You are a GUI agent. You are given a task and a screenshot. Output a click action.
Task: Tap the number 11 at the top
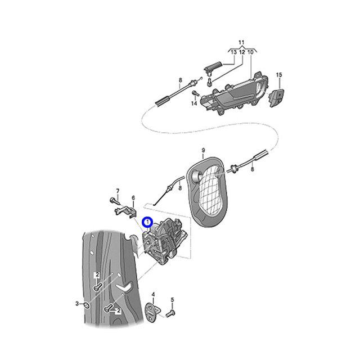click(241, 43)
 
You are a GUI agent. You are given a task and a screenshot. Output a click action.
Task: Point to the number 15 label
click(278, 75)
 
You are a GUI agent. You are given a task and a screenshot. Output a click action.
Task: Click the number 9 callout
click(202, 150)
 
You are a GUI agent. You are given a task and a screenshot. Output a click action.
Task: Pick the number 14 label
click(194, 103)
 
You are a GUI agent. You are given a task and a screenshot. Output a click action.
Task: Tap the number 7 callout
click(118, 191)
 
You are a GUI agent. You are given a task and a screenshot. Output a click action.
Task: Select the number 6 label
click(133, 197)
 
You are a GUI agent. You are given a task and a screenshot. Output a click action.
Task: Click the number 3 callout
click(78, 304)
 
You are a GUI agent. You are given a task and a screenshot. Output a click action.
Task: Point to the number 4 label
click(153, 294)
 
